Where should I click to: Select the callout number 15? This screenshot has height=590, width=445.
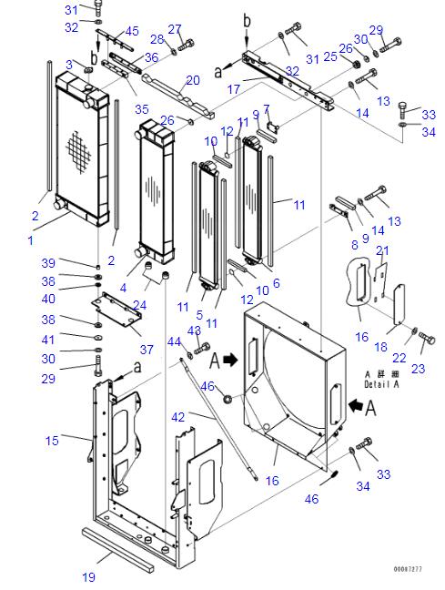tap(52, 441)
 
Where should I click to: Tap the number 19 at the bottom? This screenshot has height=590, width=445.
tap(87, 576)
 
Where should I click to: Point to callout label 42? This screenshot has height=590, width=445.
tap(178, 417)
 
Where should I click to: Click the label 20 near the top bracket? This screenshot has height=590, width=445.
tap(192, 80)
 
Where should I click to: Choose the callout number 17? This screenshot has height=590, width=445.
tap(233, 90)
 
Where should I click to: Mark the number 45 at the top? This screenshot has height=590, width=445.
tap(131, 32)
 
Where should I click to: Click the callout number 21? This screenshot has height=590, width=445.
tap(382, 250)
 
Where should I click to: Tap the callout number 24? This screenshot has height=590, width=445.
tap(139, 304)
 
